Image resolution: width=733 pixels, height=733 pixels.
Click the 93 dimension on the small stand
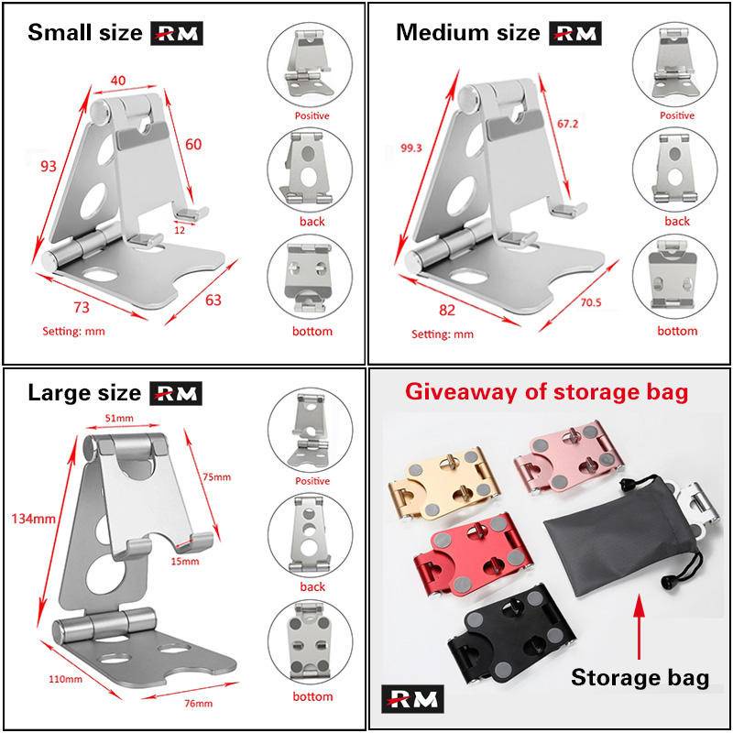pos(49,166)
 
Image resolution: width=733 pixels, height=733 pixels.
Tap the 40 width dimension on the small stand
pos(118,81)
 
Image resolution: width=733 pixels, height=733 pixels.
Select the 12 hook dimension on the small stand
pos(180,230)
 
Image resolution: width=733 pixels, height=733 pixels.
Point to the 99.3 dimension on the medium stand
pos(410,148)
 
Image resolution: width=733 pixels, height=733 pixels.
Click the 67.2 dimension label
pos(567,124)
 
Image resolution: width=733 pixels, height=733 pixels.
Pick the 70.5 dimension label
pos(591,302)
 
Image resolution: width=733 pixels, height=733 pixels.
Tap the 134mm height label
pos(33,519)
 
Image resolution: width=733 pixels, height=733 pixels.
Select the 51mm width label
pos(119,418)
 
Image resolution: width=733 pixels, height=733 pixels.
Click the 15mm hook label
pos(185,561)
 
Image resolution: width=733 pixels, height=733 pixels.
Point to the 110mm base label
pos(65,679)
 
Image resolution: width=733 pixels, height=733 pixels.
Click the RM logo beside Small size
pos(177,33)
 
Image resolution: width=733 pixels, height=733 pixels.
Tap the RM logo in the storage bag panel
pos(412,699)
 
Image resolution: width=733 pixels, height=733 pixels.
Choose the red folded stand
pos(473,555)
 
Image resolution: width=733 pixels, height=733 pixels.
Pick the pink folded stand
pos(569,457)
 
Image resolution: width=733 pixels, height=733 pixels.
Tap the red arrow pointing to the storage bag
pos(639,626)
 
